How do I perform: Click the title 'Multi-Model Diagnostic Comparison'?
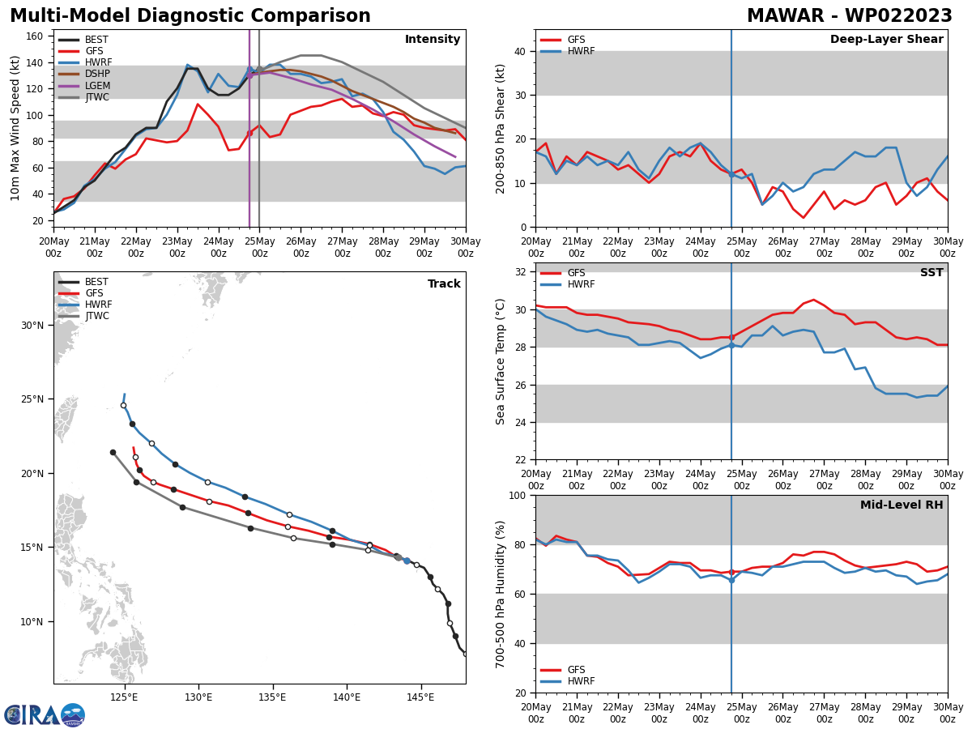pos(190,16)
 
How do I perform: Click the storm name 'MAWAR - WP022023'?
pos(849,16)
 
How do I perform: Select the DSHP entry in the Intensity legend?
pos(97,74)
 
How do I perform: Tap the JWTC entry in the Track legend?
pos(97,316)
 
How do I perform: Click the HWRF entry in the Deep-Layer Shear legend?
pos(580,51)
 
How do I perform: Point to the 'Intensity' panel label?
pos(433,40)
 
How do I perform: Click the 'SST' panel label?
pos(932,273)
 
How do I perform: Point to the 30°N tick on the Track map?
pos(32,326)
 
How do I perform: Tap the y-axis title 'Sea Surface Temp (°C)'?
pos(501,361)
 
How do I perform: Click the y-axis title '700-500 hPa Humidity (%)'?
pos(501,594)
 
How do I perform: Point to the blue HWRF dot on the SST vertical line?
pos(731,345)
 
